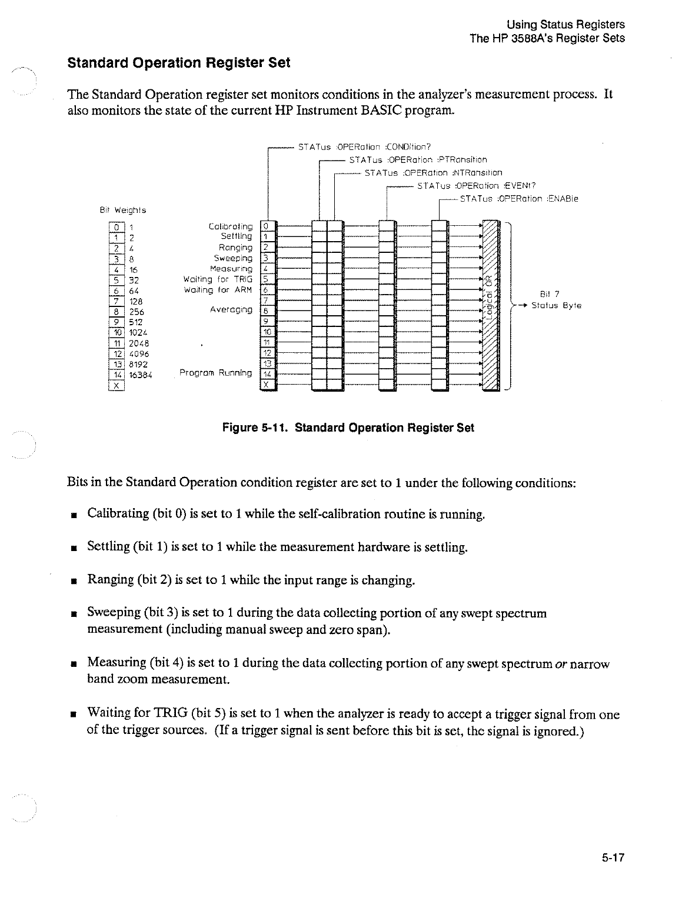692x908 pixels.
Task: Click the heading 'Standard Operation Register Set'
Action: (179, 63)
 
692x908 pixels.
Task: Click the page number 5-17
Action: (612, 857)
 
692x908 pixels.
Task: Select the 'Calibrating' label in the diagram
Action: (231, 226)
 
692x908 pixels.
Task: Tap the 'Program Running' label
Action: (215, 373)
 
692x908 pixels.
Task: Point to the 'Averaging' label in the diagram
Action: (231, 309)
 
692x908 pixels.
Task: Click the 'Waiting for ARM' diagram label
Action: (218, 290)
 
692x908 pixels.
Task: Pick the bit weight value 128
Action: (137, 301)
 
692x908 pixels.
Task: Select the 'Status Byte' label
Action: (556, 306)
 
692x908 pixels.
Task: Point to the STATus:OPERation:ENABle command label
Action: (519, 199)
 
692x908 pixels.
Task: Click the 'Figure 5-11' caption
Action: (347, 428)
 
